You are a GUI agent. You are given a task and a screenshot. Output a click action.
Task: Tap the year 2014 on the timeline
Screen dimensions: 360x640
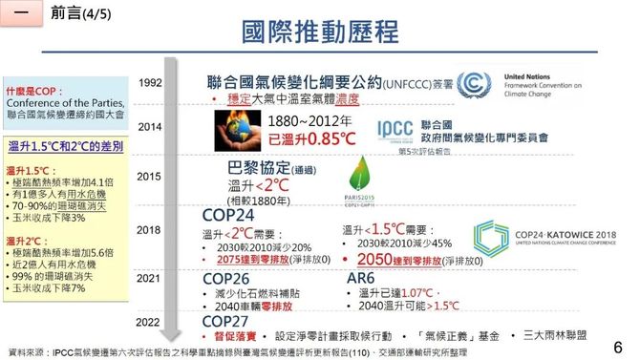point(149,126)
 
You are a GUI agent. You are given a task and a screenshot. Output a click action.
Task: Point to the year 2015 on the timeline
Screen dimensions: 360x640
point(149,177)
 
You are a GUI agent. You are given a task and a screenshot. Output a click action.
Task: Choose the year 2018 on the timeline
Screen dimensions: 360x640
point(149,229)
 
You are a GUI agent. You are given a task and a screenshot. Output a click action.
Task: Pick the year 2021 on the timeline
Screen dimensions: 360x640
point(149,279)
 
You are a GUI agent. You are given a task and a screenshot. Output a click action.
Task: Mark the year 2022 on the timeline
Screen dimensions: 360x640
point(149,322)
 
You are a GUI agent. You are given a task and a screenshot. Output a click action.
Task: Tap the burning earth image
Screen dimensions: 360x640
point(235,132)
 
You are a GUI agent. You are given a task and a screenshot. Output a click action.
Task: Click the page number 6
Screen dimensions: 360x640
point(616,346)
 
